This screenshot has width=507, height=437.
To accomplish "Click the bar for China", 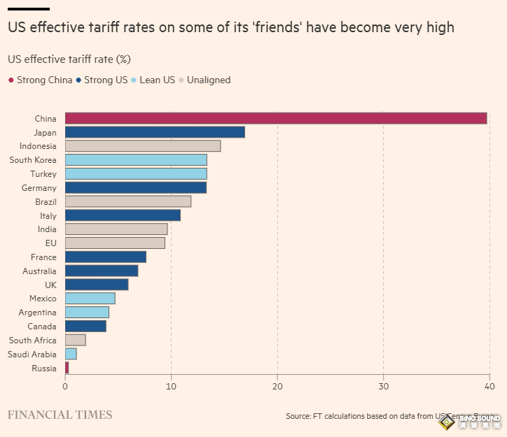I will tap(276, 119).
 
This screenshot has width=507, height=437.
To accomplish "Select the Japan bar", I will tap(155, 132).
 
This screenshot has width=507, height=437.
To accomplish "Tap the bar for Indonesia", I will tap(143, 146).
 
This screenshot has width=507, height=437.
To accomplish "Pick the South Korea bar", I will tap(136, 160).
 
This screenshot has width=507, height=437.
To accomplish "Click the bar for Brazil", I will tap(128, 201).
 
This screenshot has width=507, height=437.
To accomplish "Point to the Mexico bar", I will tap(90, 299).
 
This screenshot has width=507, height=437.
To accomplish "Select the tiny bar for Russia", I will tap(67, 368).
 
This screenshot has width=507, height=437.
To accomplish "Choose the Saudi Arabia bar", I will tap(71, 354).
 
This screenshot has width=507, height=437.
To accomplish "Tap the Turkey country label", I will tap(43, 174).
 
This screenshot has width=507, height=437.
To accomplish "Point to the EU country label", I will tap(50, 243).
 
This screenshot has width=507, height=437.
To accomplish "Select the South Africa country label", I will tap(33, 341).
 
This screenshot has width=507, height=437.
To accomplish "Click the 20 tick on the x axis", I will tap(277, 387).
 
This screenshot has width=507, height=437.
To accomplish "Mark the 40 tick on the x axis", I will tap(489, 387).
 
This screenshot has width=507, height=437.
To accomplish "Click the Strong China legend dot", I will tap(11, 80).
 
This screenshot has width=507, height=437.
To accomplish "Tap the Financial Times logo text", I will tap(60, 415).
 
